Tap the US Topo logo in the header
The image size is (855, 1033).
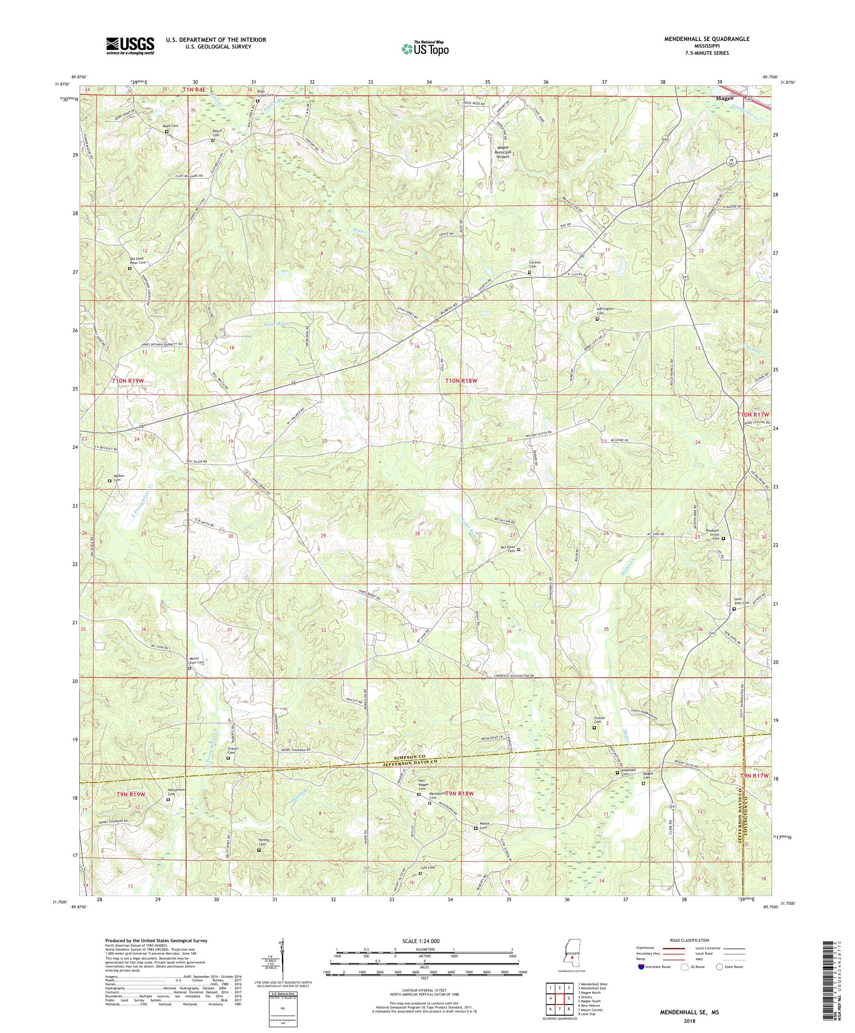[426, 48]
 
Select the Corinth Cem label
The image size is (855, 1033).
[535, 264]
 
